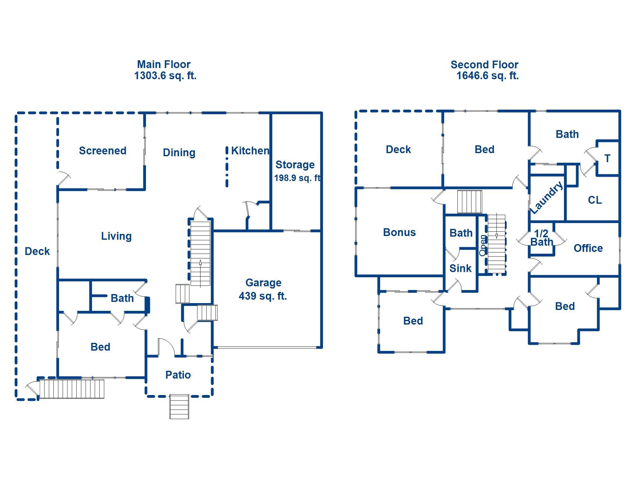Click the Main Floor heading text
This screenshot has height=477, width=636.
164,64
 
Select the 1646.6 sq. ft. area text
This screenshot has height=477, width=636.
487,75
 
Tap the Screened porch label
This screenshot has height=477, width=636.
102,151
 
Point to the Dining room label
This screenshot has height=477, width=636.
179,152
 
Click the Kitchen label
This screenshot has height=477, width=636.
250,151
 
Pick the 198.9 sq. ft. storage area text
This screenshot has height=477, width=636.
297,178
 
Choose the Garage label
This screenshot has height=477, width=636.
263,283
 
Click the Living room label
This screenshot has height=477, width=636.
116,236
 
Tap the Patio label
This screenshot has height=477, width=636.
178,375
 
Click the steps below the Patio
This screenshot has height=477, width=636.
179,407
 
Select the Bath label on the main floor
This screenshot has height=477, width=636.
122,298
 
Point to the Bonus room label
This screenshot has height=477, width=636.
399,232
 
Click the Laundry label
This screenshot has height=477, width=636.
546,198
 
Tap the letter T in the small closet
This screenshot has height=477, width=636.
607,158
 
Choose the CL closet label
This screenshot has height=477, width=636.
595,200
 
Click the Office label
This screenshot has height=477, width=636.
588,248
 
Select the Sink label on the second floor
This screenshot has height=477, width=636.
460,268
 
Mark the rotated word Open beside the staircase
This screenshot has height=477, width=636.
483,245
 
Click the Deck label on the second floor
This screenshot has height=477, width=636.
398,149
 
